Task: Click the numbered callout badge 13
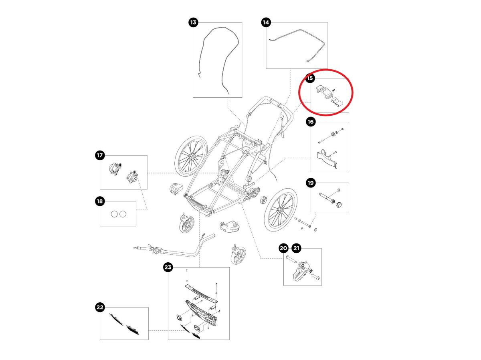tap(193, 22)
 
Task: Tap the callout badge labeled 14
tap(266, 22)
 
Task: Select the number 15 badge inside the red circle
tap(310, 78)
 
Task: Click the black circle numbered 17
tap(99, 155)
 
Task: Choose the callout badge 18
tap(99, 201)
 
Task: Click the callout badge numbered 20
tap(283, 248)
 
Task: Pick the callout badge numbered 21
tap(296, 248)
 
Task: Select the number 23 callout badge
tap(168, 267)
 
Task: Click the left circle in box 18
tap(114, 214)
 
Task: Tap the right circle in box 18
tap(122, 214)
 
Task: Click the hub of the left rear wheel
tap(194, 159)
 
